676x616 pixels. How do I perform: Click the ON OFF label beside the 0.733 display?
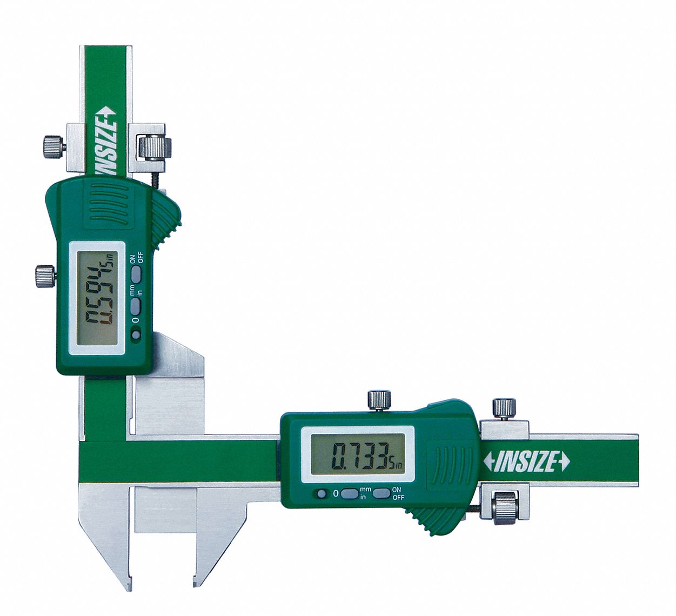pos(397,493)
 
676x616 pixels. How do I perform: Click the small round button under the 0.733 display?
pos(322,493)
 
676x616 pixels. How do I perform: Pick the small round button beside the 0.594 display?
pos(135,335)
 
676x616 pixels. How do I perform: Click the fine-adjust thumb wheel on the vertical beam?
pos(153,146)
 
